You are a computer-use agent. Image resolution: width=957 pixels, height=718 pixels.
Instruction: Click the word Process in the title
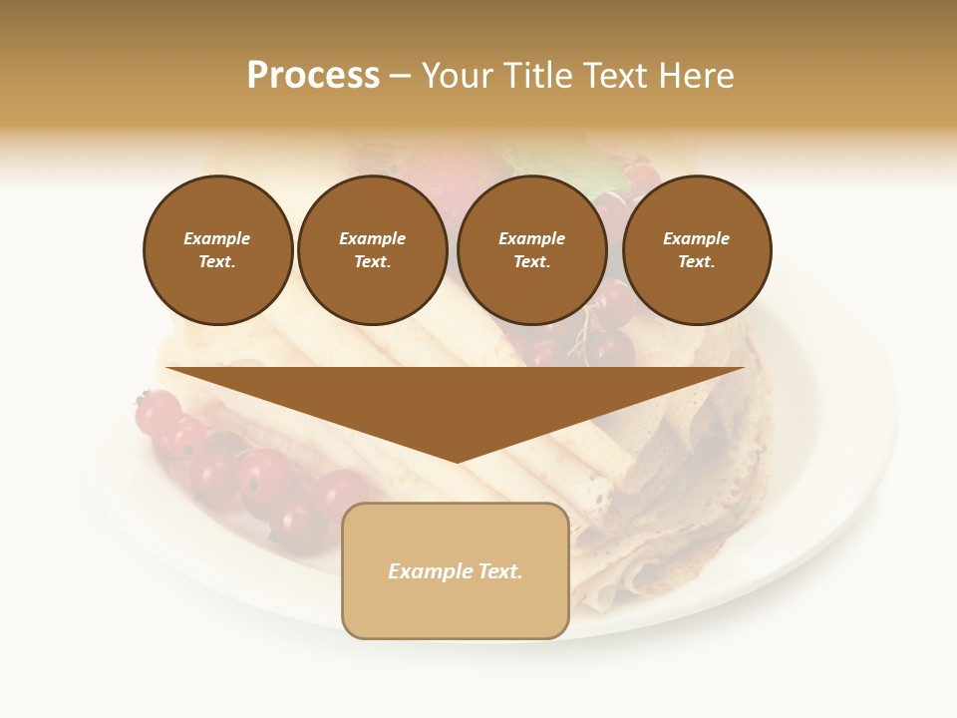tap(313, 76)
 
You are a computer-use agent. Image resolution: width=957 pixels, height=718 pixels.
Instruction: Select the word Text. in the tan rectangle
tap(499, 571)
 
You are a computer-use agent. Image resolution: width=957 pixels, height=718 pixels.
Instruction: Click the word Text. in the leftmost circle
tap(217, 262)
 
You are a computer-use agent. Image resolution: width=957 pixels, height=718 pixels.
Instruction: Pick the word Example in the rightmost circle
tap(697, 238)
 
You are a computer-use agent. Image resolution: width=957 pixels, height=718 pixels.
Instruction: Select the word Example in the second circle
tap(372, 238)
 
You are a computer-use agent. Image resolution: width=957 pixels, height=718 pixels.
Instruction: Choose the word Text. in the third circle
tap(531, 262)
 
